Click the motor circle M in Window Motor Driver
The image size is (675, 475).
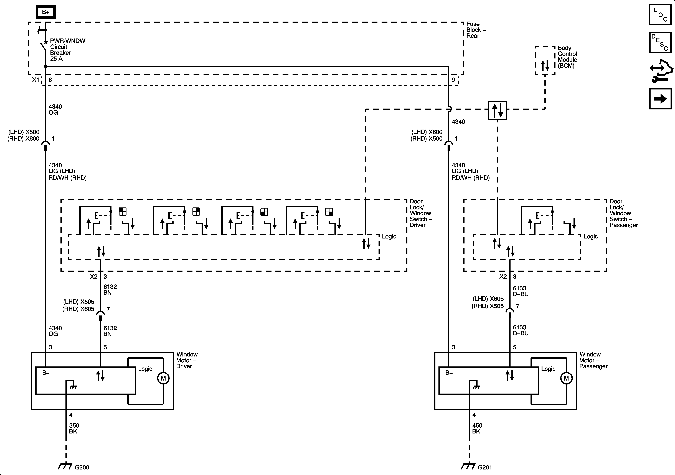coord(163,378)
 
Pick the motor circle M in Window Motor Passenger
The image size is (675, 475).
coord(566,378)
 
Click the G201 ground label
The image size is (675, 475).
coord(485,467)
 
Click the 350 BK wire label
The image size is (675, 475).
coord(74,428)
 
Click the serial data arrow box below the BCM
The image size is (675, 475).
coord(498,110)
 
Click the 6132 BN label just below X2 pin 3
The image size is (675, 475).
coord(110,289)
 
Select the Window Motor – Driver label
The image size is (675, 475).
coord(187,360)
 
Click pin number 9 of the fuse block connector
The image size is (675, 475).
coord(453,80)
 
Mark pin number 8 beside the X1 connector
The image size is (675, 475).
coord(50,80)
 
